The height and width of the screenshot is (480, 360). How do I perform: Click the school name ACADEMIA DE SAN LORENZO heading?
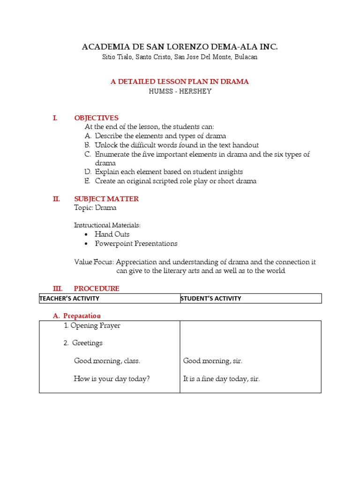tap(180, 46)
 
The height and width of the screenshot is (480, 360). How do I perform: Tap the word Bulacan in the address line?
tap(244, 57)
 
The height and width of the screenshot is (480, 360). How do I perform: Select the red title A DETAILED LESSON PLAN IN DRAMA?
tap(180, 82)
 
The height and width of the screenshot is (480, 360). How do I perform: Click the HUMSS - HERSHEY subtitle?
tap(180, 91)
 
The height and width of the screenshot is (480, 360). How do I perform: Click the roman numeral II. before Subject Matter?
tap(56, 199)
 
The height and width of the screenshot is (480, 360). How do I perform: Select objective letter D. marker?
tap(88, 172)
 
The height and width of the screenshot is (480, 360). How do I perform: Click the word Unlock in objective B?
tap(105, 145)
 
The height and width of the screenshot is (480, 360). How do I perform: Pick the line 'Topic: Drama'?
tap(95, 208)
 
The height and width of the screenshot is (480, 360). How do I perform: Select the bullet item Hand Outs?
tap(112, 234)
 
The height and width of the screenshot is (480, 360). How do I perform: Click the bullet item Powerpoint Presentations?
tap(136, 244)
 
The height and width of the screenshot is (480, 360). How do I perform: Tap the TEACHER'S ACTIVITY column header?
tap(69, 299)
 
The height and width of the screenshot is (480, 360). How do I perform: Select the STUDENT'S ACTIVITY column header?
tap(211, 299)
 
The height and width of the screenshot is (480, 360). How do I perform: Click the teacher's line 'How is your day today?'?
tap(112, 379)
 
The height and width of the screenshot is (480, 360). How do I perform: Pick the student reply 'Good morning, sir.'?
tap(212, 361)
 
